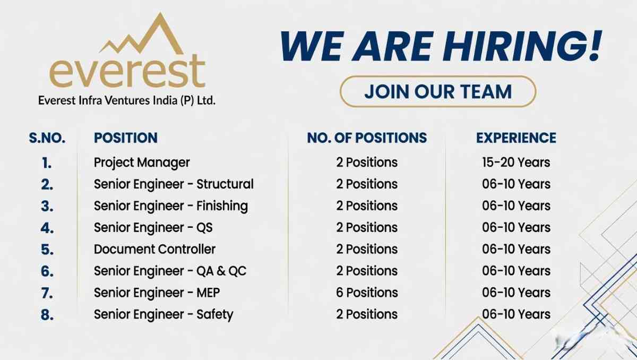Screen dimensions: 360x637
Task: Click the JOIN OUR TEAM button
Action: click(437, 91)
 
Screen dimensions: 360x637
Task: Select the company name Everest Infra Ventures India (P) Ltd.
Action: click(127, 100)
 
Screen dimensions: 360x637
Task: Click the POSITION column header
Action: click(126, 138)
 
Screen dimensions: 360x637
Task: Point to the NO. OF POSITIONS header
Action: click(367, 138)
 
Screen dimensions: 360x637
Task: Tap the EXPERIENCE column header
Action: click(516, 138)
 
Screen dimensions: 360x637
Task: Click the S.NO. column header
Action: click(47, 138)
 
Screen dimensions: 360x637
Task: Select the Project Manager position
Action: click(142, 162)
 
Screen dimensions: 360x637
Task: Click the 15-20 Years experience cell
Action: click(516, 162)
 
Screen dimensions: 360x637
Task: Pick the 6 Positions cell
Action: click(367, 293)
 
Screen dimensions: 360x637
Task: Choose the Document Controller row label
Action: click(154, 249)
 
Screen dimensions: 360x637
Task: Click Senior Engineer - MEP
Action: click(157, 293)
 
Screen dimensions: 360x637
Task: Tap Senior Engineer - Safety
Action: click(163, 314)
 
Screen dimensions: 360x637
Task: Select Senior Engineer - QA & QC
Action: click(170, 271)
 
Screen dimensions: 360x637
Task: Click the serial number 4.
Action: click(47, 228)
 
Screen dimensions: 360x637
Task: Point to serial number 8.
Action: click(47, 315)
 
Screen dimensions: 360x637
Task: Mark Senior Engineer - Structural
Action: click(174, 184)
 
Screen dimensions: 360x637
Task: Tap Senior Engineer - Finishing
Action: click(170, 206)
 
